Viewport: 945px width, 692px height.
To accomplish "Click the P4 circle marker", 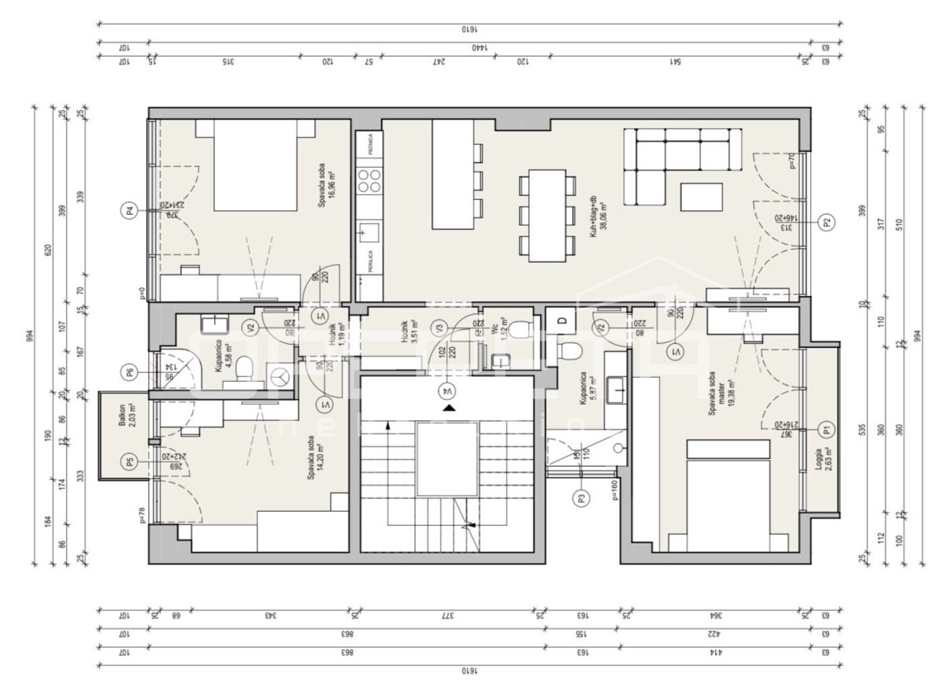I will (x=129, y=210).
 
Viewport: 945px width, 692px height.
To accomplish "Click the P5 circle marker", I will (x=129, y=461).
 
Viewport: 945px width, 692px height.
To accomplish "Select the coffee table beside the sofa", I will (x=702, y=197).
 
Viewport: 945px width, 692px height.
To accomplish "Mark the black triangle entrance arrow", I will (x=448, y=408).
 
